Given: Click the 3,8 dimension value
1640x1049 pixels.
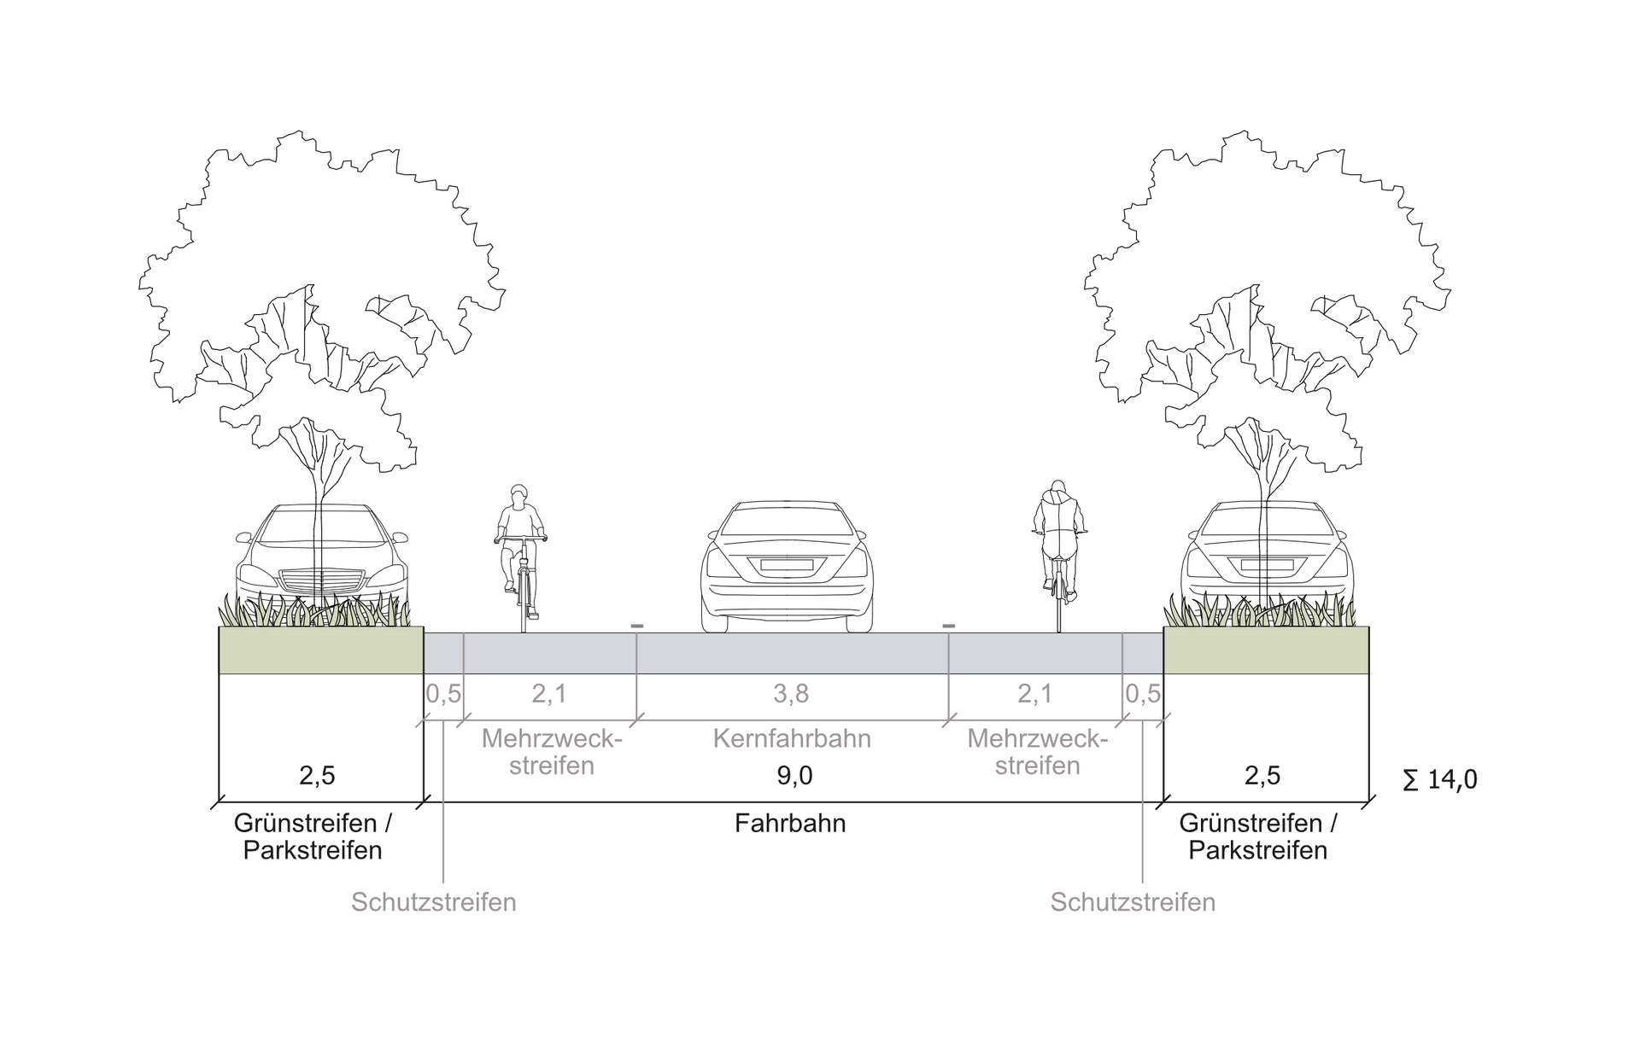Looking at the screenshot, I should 791,694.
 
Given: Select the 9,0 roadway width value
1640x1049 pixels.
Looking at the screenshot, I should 794,775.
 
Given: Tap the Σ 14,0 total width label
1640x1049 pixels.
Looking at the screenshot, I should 1439,779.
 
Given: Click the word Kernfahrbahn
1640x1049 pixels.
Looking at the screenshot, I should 792,738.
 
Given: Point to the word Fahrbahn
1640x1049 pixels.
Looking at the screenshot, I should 790,824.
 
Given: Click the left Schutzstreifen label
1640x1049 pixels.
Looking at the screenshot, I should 434,902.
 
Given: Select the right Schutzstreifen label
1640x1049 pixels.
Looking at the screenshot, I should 1133,902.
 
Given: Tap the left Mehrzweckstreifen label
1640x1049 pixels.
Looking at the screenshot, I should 552,752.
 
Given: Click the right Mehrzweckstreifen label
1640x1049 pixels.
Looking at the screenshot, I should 1037,752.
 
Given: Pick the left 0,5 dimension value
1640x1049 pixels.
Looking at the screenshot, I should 443,694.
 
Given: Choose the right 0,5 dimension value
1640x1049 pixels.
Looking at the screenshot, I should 1143,694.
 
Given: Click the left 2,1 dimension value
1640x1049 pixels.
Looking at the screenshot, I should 549,694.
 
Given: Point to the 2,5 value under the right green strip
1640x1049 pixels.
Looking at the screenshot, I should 1262,775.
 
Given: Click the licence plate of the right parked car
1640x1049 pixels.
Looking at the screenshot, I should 1267,564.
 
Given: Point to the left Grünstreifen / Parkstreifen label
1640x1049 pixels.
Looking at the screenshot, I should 313,836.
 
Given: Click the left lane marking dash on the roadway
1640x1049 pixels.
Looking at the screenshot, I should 636,626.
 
